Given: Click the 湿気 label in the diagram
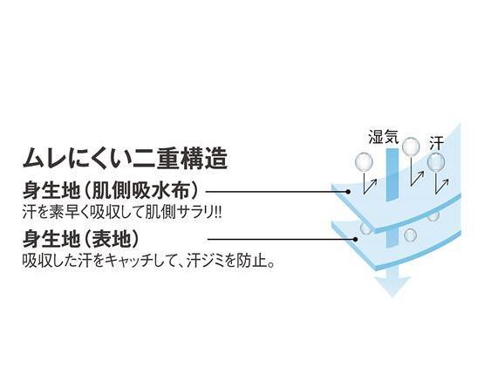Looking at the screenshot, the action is [x=384, y=136].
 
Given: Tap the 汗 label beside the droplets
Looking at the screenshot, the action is [x=437, y=144].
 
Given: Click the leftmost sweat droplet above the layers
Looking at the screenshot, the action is [x=365, y=161].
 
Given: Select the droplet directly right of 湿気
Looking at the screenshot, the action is [x=411, y=146].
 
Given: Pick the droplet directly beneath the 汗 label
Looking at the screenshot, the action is [x=436, y=161].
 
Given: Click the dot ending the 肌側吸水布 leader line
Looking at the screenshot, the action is [x=348, y=192].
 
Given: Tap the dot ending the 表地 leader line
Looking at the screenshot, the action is [x=356, y=239].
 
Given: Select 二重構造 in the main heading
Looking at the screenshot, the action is [x=180, y=159].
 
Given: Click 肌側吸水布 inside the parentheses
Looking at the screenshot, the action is [x=140, y=191].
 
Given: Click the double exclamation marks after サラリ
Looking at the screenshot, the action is [x=218, y=212].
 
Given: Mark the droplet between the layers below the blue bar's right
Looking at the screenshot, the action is [x=410, y=235].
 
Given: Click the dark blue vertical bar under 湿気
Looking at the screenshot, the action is [x=392, y=174].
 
